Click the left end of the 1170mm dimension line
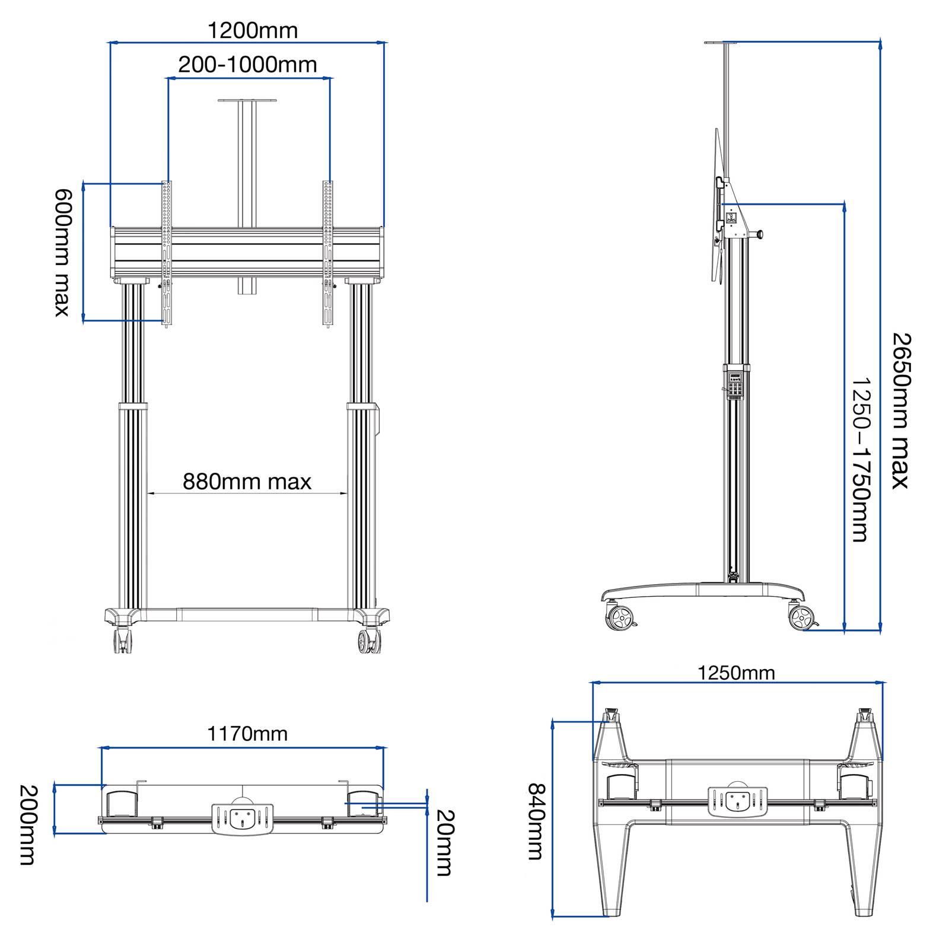102,749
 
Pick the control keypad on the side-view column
735,384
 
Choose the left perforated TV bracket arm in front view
167,254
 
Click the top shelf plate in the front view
247,100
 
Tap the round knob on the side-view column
760,235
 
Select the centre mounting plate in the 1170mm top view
243,819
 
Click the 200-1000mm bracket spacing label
248,64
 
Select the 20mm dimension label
444,842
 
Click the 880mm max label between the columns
247,482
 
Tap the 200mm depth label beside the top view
28,825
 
